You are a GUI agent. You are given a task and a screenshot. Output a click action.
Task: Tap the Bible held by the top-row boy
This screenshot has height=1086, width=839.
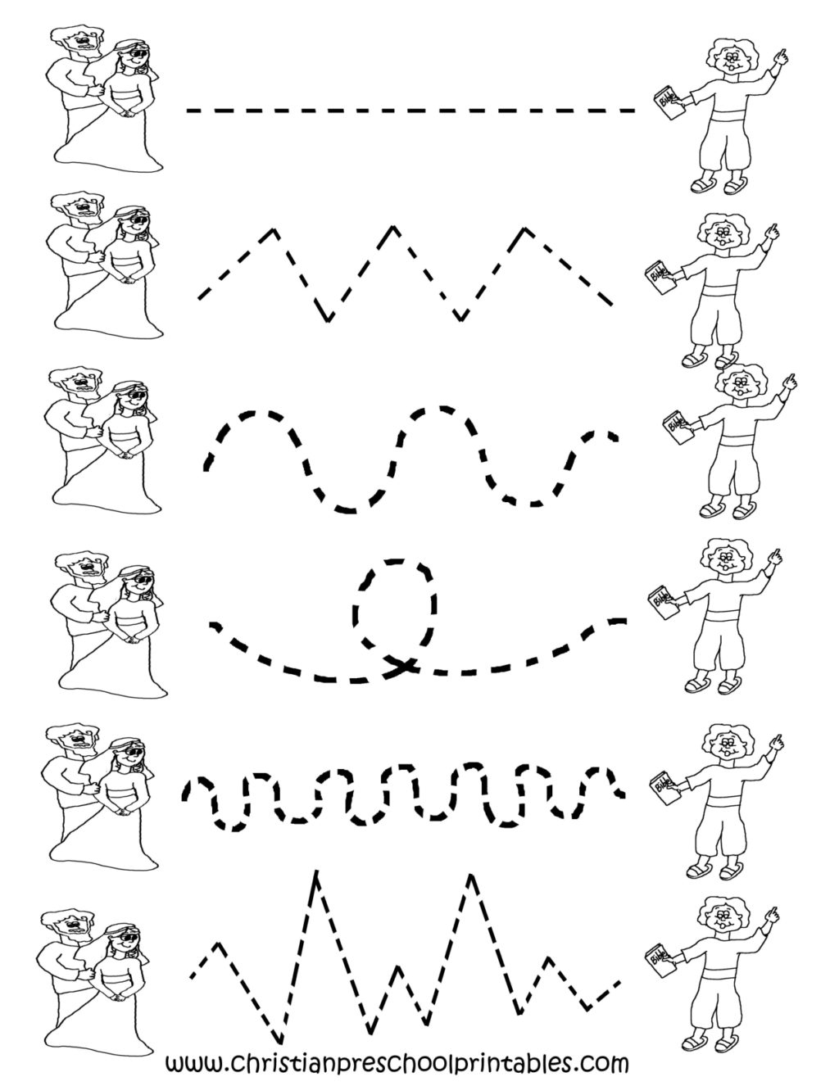(666, 107)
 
